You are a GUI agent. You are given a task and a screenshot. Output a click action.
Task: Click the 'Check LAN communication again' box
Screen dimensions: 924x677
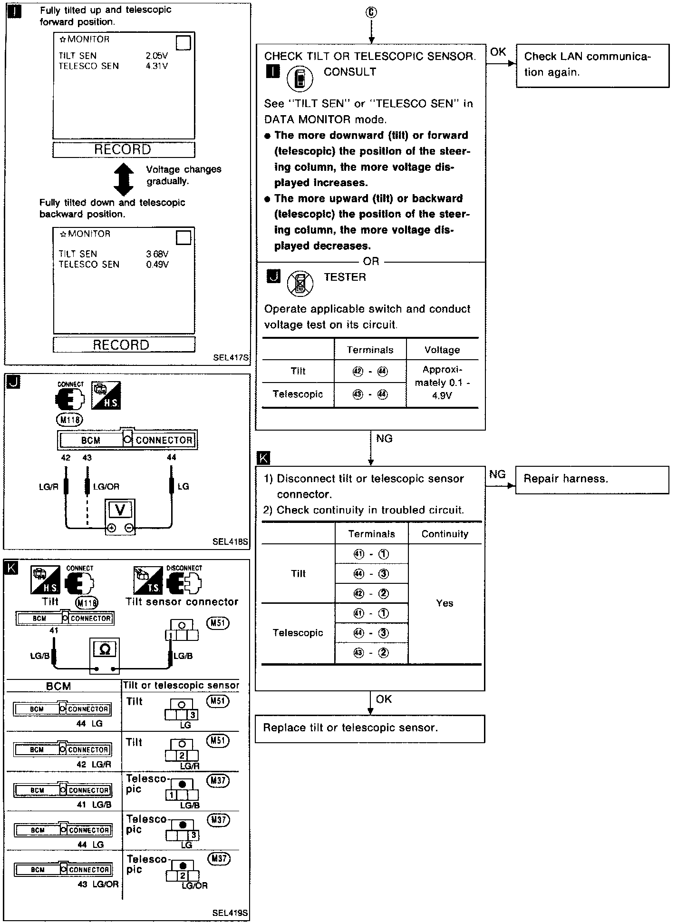(592, 65)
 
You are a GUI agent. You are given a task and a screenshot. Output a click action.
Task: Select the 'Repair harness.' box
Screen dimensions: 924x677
(592, 479)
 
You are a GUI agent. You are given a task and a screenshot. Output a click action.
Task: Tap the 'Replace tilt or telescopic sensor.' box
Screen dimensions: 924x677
(369, 728)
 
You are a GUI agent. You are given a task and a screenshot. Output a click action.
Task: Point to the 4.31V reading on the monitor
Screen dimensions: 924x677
(157, 66)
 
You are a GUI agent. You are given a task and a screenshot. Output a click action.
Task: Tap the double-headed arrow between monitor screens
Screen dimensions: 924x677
(124, 179)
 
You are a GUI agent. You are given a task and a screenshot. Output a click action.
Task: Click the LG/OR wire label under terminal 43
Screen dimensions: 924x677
(106, 487)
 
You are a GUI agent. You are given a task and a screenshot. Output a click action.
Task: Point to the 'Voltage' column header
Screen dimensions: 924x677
(442, 350)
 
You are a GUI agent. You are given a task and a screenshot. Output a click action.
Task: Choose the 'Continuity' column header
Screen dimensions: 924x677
(445, 534)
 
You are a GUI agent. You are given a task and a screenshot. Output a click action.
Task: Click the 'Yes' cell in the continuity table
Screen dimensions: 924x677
(445, 603)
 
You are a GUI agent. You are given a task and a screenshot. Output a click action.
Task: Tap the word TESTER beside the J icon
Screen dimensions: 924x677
(345, 277)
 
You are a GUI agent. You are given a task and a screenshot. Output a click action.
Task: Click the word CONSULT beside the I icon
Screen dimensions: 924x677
(350, 72)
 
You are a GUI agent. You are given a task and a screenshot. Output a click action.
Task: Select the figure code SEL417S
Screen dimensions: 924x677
(231, 357)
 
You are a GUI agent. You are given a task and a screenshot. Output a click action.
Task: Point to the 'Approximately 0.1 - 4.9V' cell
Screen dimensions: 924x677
(442, 383)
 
